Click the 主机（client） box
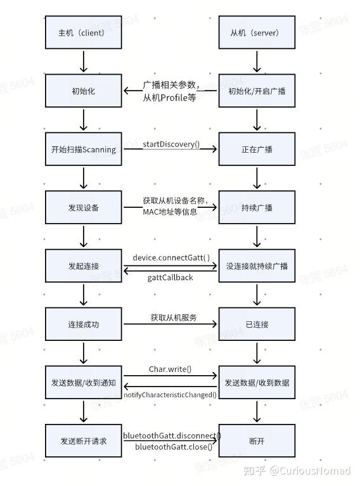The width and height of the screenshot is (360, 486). [84, 32]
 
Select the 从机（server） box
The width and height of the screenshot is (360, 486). [257, 32]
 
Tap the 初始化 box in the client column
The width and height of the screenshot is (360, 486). [84, 91]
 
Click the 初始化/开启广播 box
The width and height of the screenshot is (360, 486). [257, 91]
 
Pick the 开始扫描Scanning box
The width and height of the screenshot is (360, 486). [84, 150]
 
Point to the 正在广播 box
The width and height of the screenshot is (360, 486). [257, 150]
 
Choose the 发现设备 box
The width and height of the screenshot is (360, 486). [84, 208]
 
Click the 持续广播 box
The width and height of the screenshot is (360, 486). [257, 208]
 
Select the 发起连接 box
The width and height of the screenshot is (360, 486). [84, 266]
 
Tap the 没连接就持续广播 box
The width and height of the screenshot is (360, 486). [257, 266]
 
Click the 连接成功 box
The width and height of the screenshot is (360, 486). [84, 324]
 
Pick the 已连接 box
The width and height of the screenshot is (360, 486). [257, 324]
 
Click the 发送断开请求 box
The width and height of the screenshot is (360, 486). [84, 441]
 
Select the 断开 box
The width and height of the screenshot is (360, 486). [257, 441]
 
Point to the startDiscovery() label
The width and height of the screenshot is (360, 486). [170, 144]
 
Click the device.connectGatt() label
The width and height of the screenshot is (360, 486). [171, 257]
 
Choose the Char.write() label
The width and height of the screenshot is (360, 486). [170, 369]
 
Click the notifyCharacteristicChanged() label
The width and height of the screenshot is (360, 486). [170, 395]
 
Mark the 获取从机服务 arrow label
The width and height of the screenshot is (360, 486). [173, 317]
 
